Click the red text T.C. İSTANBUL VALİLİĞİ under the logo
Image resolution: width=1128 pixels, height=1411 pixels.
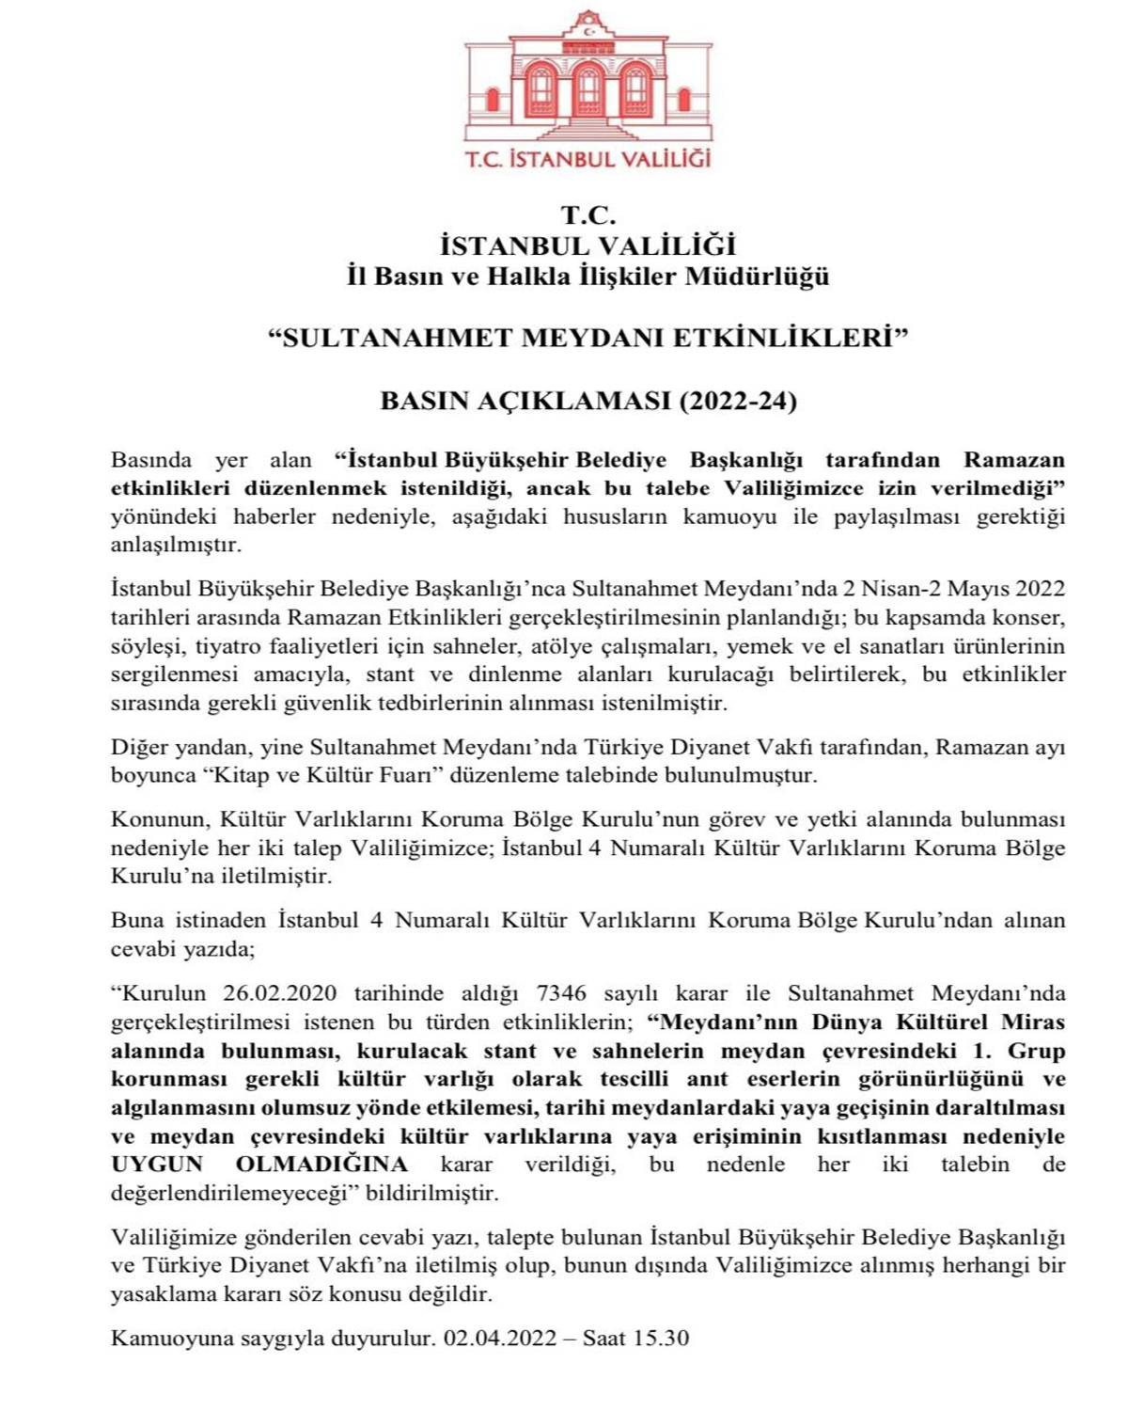(588, 159)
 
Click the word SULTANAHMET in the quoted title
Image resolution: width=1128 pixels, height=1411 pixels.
(394, 338)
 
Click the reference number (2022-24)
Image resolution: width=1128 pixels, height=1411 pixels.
(738, 402)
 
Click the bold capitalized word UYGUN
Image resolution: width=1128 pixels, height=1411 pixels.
(157, 1165)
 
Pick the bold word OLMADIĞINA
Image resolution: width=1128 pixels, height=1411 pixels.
(321, 1165)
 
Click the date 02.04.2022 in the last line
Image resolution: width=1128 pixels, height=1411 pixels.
(500, 1338)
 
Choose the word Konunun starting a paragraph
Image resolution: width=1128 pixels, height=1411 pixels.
(156, 819)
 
